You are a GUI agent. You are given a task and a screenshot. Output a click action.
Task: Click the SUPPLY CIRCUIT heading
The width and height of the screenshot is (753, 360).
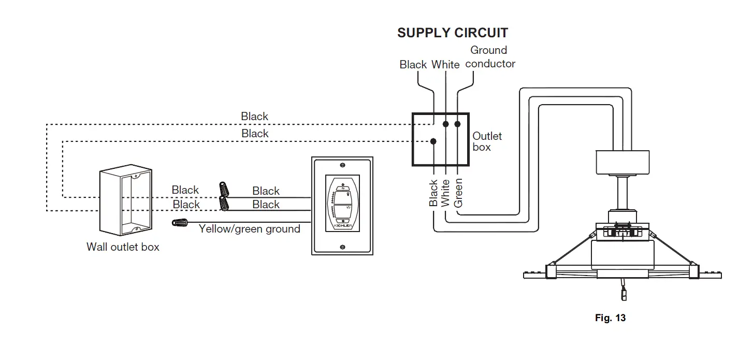(453, 33)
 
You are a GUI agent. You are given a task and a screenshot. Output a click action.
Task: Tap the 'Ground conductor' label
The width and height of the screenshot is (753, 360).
(490, 57)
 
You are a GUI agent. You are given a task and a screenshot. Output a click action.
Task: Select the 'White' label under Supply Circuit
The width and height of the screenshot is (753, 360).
(445, 64)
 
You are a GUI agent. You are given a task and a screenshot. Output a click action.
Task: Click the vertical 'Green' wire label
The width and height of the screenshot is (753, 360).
(458, 193)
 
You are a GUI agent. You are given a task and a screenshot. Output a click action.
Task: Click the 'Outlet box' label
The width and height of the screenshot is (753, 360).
(487, 141)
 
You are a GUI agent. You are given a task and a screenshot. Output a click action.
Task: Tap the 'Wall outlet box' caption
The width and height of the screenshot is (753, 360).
(123, 247)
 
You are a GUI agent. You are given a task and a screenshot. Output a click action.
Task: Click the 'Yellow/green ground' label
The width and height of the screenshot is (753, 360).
(249, 229)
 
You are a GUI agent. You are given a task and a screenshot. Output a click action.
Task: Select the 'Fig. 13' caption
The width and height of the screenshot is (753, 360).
(610, 318)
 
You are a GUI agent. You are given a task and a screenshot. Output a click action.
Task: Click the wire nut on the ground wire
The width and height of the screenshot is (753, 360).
(180, 223)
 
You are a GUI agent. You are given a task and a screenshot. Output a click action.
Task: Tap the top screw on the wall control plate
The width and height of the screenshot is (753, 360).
(342, 165)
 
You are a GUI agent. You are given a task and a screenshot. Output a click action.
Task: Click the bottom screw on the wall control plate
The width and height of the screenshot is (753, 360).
(342, 247)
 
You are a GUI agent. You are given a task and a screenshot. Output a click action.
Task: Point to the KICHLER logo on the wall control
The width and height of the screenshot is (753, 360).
(343, 225)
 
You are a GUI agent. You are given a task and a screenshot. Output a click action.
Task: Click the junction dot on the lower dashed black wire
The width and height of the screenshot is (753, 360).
(433, 141)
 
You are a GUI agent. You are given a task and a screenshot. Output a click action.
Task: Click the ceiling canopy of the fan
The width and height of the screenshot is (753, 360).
(622, 162)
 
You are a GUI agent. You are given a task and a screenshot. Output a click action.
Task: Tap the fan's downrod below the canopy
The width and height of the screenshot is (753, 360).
(622, 193)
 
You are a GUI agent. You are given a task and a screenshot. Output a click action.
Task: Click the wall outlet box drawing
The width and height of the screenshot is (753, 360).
(126, 200)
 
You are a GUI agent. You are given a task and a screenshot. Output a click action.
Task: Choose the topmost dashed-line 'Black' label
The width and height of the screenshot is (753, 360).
(254, 117)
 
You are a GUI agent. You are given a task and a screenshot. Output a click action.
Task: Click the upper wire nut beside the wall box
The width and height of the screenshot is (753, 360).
(224, 189)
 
